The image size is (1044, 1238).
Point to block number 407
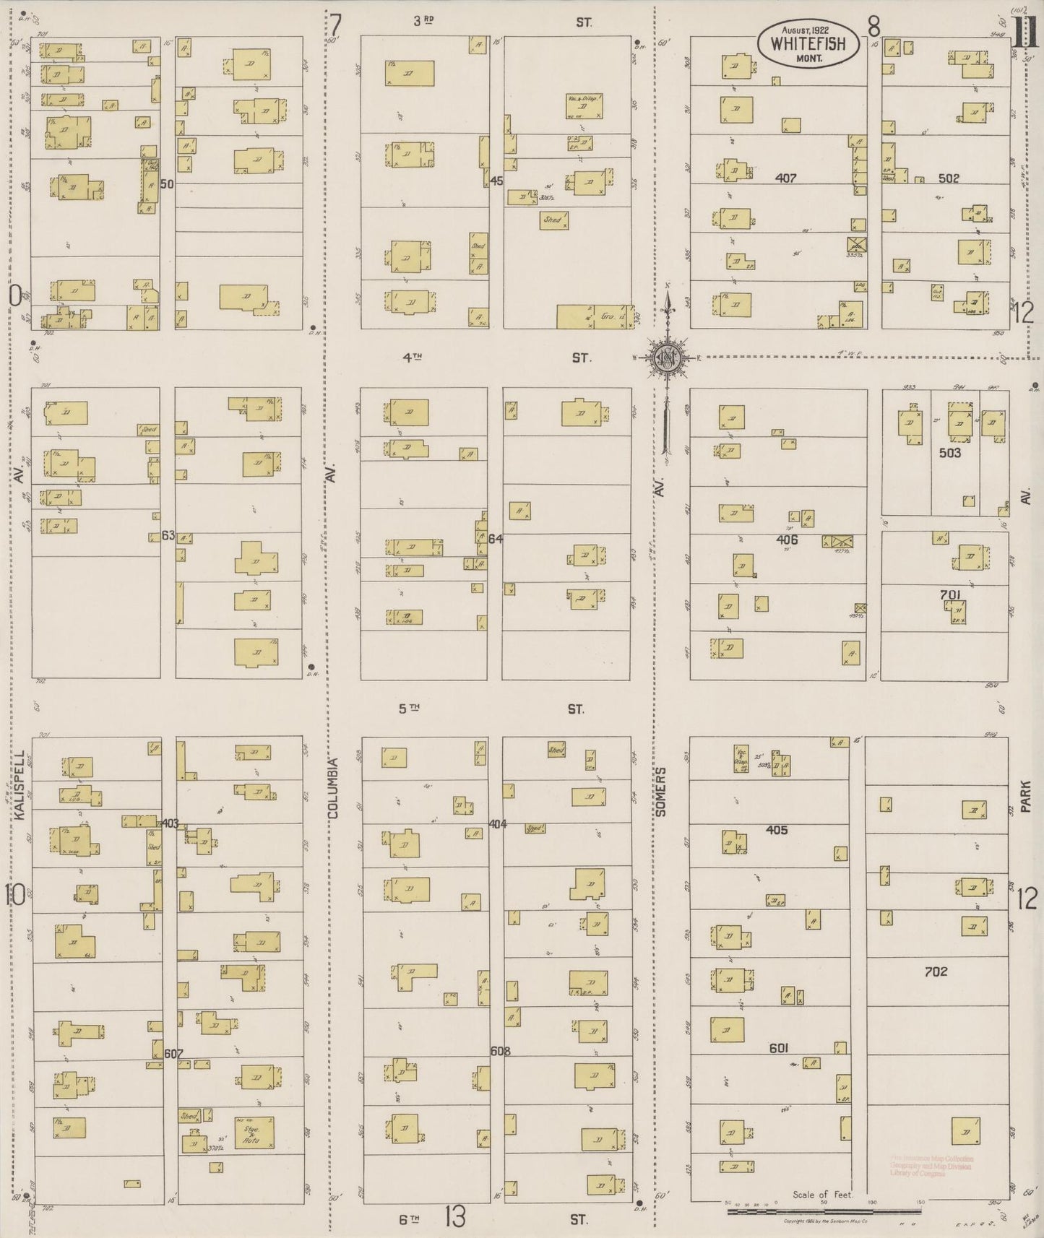point(785,178)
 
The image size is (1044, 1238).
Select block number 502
point(948,178)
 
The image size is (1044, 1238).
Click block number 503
point(950,453)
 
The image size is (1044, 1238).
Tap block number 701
point(951,595)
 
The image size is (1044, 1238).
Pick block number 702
point(936,971)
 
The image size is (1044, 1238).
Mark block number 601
point(778,1048)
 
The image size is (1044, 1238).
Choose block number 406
point(787,540)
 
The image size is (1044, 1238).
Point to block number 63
point(168,535)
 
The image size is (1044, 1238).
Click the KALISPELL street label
point(20,785)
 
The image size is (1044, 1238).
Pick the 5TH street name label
point(410,709)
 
